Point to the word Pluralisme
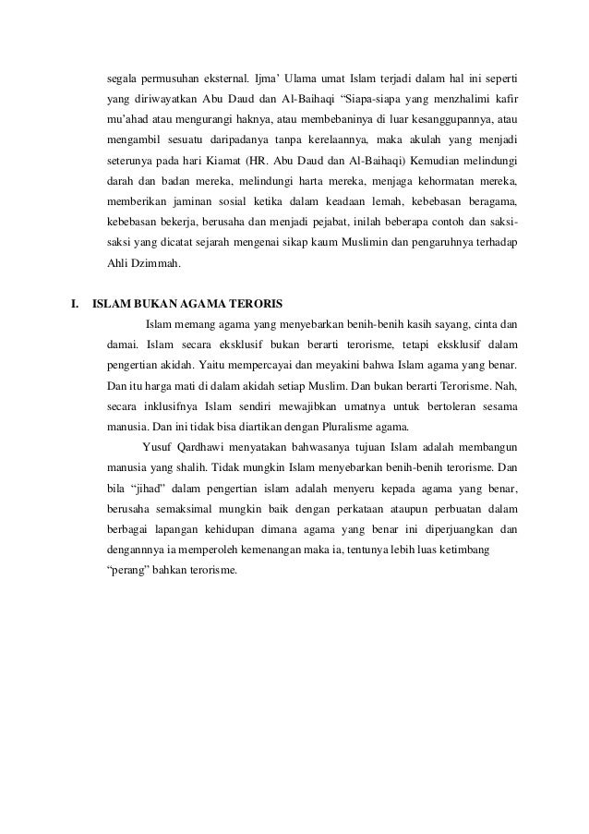(343, 426)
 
